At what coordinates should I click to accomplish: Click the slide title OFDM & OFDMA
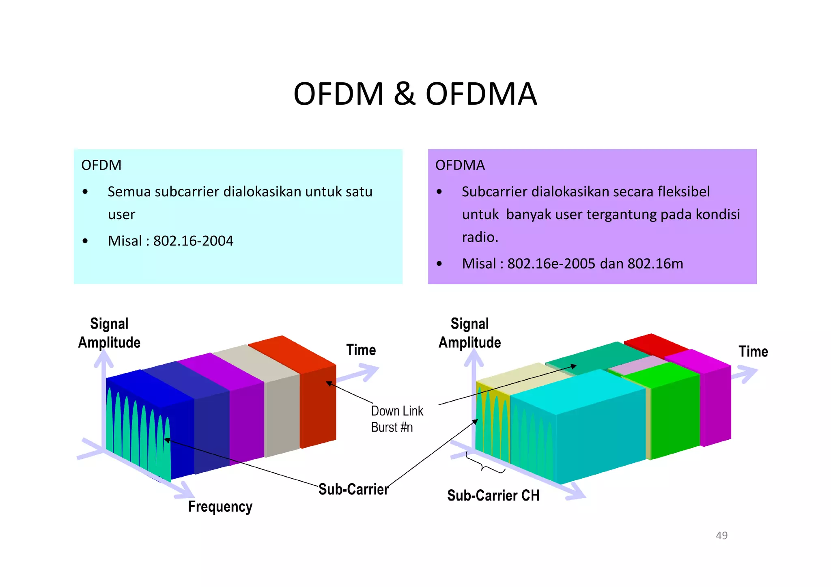coord(415,94)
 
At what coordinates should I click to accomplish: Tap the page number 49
coord(721,535)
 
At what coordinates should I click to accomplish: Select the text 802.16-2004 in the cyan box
coord(193,241)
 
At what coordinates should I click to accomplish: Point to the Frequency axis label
coord(220,507)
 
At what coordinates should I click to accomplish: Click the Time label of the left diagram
coord(361,350)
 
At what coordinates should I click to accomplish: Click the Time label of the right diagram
coord(753,351)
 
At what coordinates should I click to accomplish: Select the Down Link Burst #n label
coord(396,419)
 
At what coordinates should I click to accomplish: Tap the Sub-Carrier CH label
coord(493,495)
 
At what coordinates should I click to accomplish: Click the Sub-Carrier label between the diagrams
coord(353,489)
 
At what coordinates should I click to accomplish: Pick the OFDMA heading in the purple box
coord(460,166)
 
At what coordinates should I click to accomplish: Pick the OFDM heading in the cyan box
coord(101,166)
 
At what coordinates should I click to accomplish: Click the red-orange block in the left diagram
coord(318,406)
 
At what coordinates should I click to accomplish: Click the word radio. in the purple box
coord(480,237)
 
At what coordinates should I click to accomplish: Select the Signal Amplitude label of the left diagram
coord(109,333)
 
